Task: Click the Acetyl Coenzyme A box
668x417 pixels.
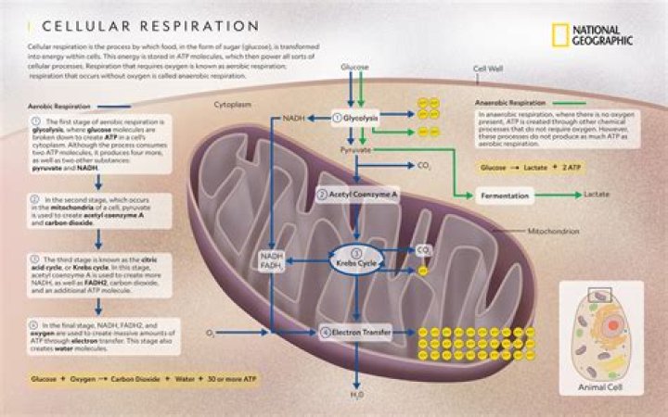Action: tap(357, 195)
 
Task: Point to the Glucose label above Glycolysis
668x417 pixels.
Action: tap(354, 68)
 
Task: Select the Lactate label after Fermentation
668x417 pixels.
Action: tap(597, 196)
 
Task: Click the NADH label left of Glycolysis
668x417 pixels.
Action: tap(294, 118)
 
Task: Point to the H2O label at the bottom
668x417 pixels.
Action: tap(356, 395)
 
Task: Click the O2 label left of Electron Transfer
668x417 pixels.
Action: tap(211, 331)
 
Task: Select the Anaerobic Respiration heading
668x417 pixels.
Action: tap(509, 102)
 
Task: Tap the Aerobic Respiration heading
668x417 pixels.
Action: tap(58, 107)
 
